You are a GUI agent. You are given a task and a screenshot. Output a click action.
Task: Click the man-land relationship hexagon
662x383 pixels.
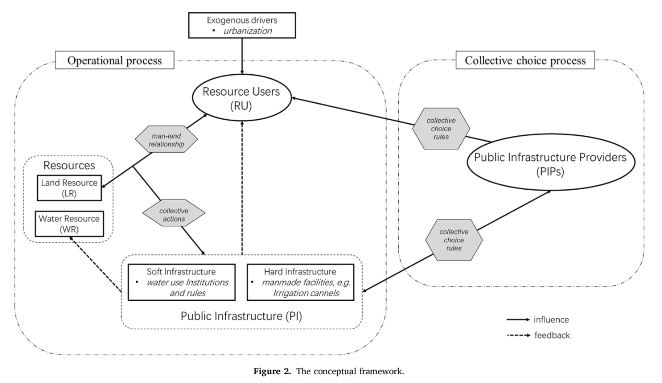[168, 141]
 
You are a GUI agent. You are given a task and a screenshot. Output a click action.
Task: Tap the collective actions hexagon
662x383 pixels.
[173, 215]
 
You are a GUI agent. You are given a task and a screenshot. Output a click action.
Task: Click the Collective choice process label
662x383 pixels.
[525, 61]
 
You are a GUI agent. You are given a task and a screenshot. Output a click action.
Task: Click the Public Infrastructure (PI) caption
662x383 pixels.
[241, 316]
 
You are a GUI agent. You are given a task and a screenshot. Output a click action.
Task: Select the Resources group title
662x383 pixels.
[69, 166]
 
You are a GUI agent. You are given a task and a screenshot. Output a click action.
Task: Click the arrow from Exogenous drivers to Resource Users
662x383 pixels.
[241, 54]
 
